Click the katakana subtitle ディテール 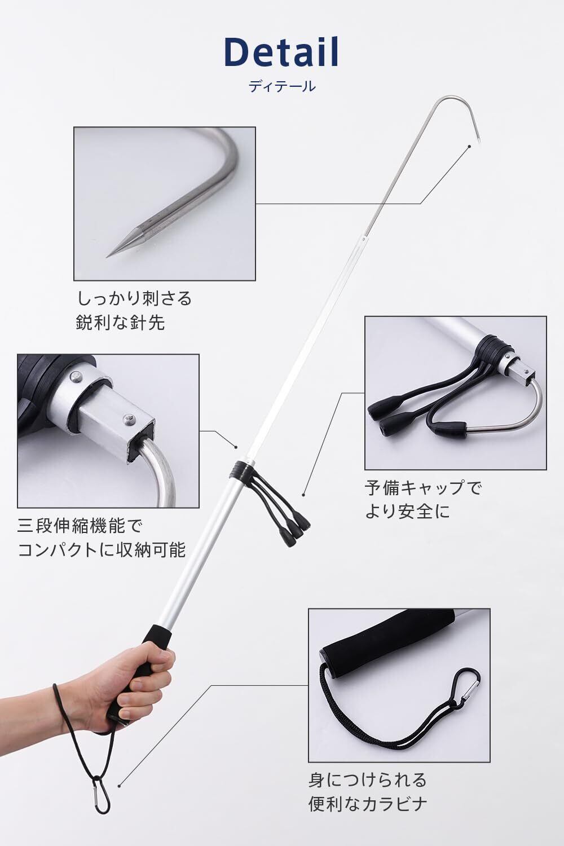(x=282, y=86)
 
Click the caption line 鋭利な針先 (x=120, y=323)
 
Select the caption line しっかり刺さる (x=134, y=299)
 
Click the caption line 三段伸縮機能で (x=80, y=526)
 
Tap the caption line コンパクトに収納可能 (x=102, y=550)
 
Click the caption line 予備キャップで (x=423, y=488)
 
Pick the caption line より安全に (x=408, y=512)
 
